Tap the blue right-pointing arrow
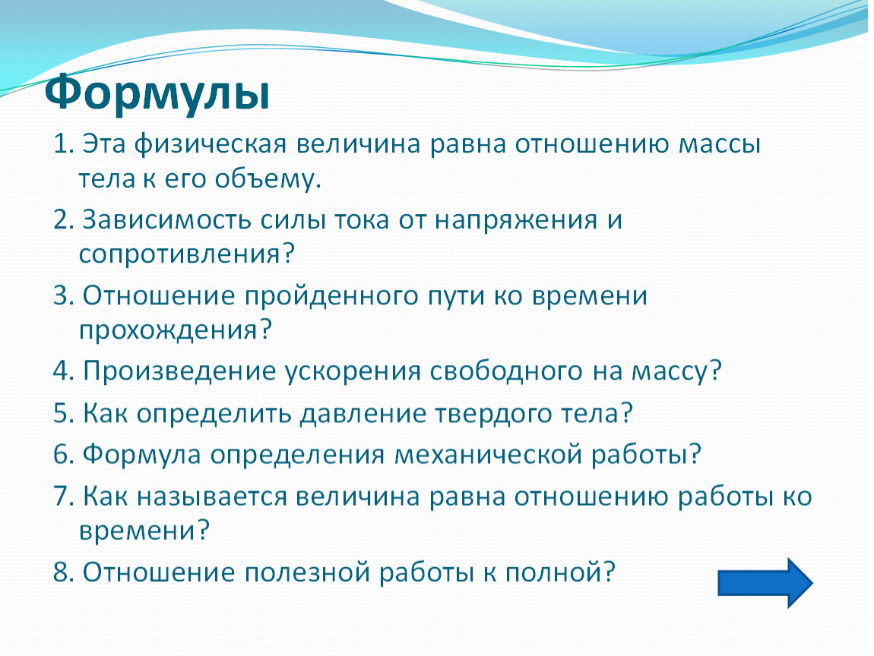coord(765,582)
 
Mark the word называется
coord(212,497)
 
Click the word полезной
coord(307,573)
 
